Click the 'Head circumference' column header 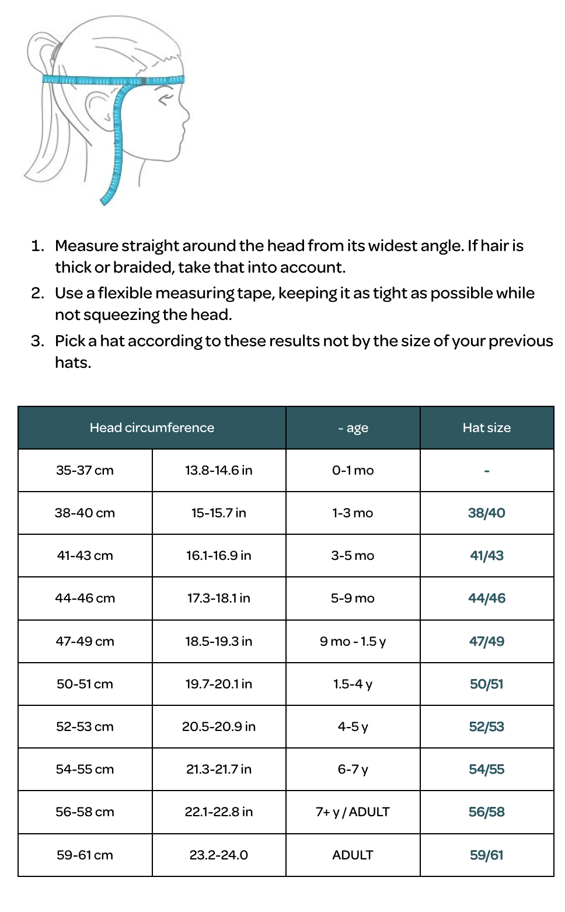pos(152,428)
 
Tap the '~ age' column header pos(353,428)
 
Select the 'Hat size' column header pos(486,428)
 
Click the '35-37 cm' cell pos(85,471)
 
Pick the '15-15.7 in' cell pos(219,513)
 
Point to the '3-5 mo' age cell pos(353,556)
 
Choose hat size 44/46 pos(486,598)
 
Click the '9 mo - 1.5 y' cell pos(353,642)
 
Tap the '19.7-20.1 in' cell pos(219,684)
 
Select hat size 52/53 pos(486,727)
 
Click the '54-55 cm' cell pos(85,770)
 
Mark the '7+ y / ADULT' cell pos(353,812)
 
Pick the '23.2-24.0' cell pos(219,855)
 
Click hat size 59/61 pos(486,855)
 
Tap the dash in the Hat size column pos(486,471)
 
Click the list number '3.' pos(37,341)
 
